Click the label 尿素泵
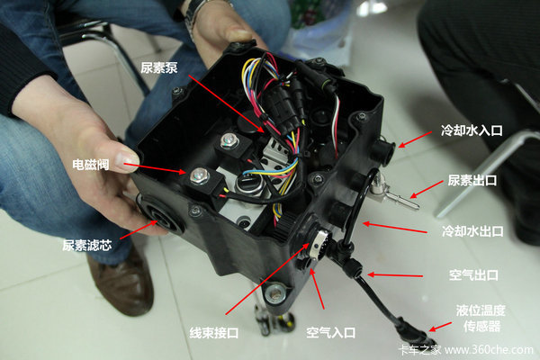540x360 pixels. [x=159, y=67]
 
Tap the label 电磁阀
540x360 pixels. [x=91, y=165]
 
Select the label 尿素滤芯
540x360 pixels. [x=87, y=246]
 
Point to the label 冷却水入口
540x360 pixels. [x=472, y=130]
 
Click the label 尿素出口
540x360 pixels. [x=472, y=180]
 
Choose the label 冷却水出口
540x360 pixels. [x=472, y=231]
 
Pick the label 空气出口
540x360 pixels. [x=473, y=274]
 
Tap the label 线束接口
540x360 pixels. [x=214, y=333]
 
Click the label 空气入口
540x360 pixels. [x=330, y=332]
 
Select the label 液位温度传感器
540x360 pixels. [x=481, y=318]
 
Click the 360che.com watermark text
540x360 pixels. [x=489, y=350]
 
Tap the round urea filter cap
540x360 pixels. [x=160, y=216]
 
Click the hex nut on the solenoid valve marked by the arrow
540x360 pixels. [x=199, y=175]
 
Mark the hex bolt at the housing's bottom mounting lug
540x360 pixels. [x=276, y=294]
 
